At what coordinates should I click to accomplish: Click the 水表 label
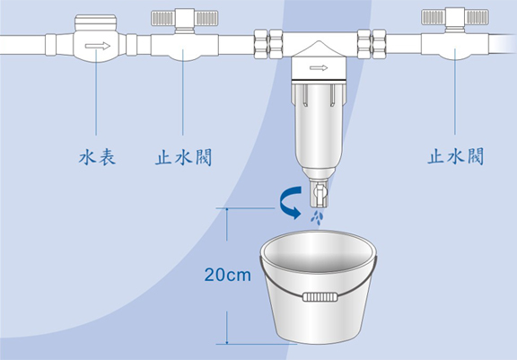[97, 157]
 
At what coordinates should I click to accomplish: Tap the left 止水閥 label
[184, 157]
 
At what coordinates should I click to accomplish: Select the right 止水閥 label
[456, 156]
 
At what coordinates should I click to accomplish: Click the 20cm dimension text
[227, 275]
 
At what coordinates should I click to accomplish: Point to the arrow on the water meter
[97, 46]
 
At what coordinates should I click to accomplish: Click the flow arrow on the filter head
[319, 68]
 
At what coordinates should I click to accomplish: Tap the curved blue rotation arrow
[290, 202]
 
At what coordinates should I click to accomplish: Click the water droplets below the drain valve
[317, 218]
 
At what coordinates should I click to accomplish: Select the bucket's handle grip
[320, 296]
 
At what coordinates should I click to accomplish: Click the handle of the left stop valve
[185, 18]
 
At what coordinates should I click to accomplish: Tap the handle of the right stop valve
[455, 17]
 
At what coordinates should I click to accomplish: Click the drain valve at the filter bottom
[320, 192]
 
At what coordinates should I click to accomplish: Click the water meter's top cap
[96, 22]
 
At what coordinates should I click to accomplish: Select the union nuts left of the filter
[268, 44]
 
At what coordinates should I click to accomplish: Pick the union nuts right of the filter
[372, 44]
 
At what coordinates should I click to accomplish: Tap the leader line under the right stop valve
[455, 92]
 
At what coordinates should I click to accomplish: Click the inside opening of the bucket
[319, 251]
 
